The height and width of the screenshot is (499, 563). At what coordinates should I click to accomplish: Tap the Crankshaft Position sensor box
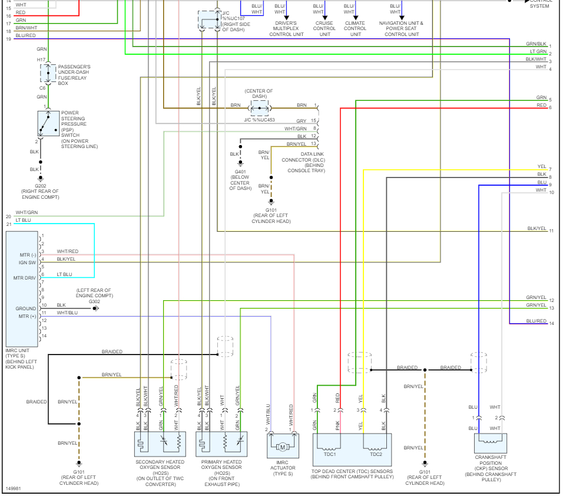pos(490,442)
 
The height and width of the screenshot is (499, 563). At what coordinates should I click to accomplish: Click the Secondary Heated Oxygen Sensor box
pos(160,444)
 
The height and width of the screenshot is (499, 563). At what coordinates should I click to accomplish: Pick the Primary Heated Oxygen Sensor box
pos(221,444)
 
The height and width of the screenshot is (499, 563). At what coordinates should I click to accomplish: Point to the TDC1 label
pos(330,454)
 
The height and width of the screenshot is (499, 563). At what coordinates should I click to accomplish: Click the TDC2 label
pos(376,454)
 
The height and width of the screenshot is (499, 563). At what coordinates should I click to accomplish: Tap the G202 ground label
pos(40,185)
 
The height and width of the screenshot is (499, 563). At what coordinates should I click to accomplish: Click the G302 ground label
pos(94,301)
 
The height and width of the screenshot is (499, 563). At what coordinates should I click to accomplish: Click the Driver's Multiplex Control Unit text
pos(286,28)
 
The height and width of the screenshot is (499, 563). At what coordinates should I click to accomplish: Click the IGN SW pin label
pos(28,262)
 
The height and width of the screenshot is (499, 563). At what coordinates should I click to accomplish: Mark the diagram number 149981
pos(14,488)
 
